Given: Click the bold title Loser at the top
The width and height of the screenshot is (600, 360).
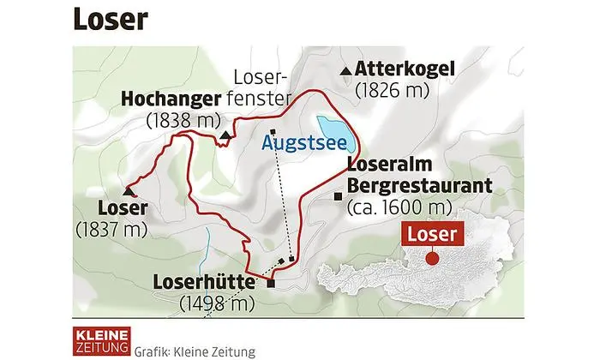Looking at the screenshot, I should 109,20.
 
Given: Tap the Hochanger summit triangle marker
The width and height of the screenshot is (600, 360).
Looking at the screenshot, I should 225,135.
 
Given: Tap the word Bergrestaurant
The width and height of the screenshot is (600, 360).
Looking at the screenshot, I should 417,185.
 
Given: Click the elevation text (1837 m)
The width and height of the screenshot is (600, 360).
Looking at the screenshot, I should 111,229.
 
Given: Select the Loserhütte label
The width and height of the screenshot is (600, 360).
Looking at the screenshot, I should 207,282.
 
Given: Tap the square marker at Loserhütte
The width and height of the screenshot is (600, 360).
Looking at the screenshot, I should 272,284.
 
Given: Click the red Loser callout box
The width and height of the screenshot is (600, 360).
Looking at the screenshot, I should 432,233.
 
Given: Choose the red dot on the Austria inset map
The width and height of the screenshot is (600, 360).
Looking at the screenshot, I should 432,256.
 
